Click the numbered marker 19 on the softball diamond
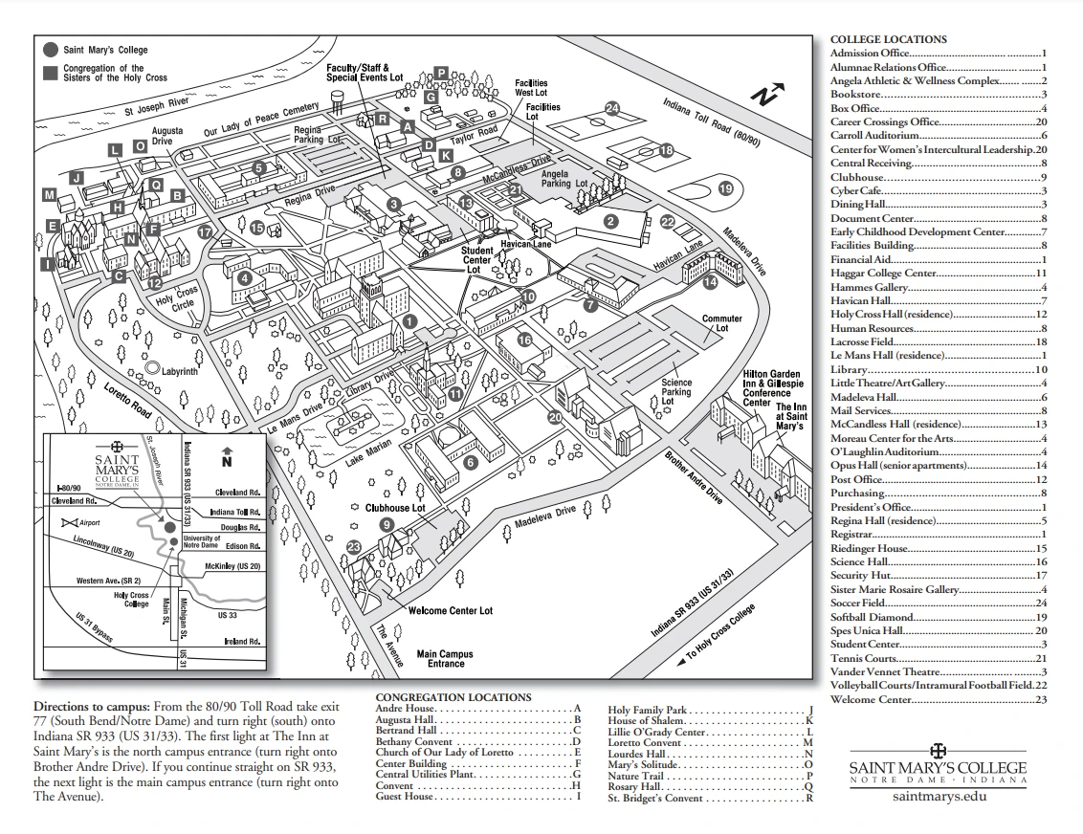click(725, 189)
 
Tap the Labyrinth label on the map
click(179, 371)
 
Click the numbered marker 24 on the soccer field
click(612, 108)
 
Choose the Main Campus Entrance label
click(445, 659)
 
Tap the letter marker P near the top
click(441, 73)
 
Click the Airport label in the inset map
click(90, 523)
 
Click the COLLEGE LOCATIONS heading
click(888, 39)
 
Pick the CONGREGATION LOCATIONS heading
click(453, 698)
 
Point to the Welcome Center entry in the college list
click(871, 699)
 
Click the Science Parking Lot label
click(676, 392)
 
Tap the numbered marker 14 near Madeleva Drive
click(710, 282)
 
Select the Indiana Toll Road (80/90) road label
click(713, 121)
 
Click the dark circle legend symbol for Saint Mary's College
click(50, 49)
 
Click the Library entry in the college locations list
click(849, 369)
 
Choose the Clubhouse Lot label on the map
click(394, 508)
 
